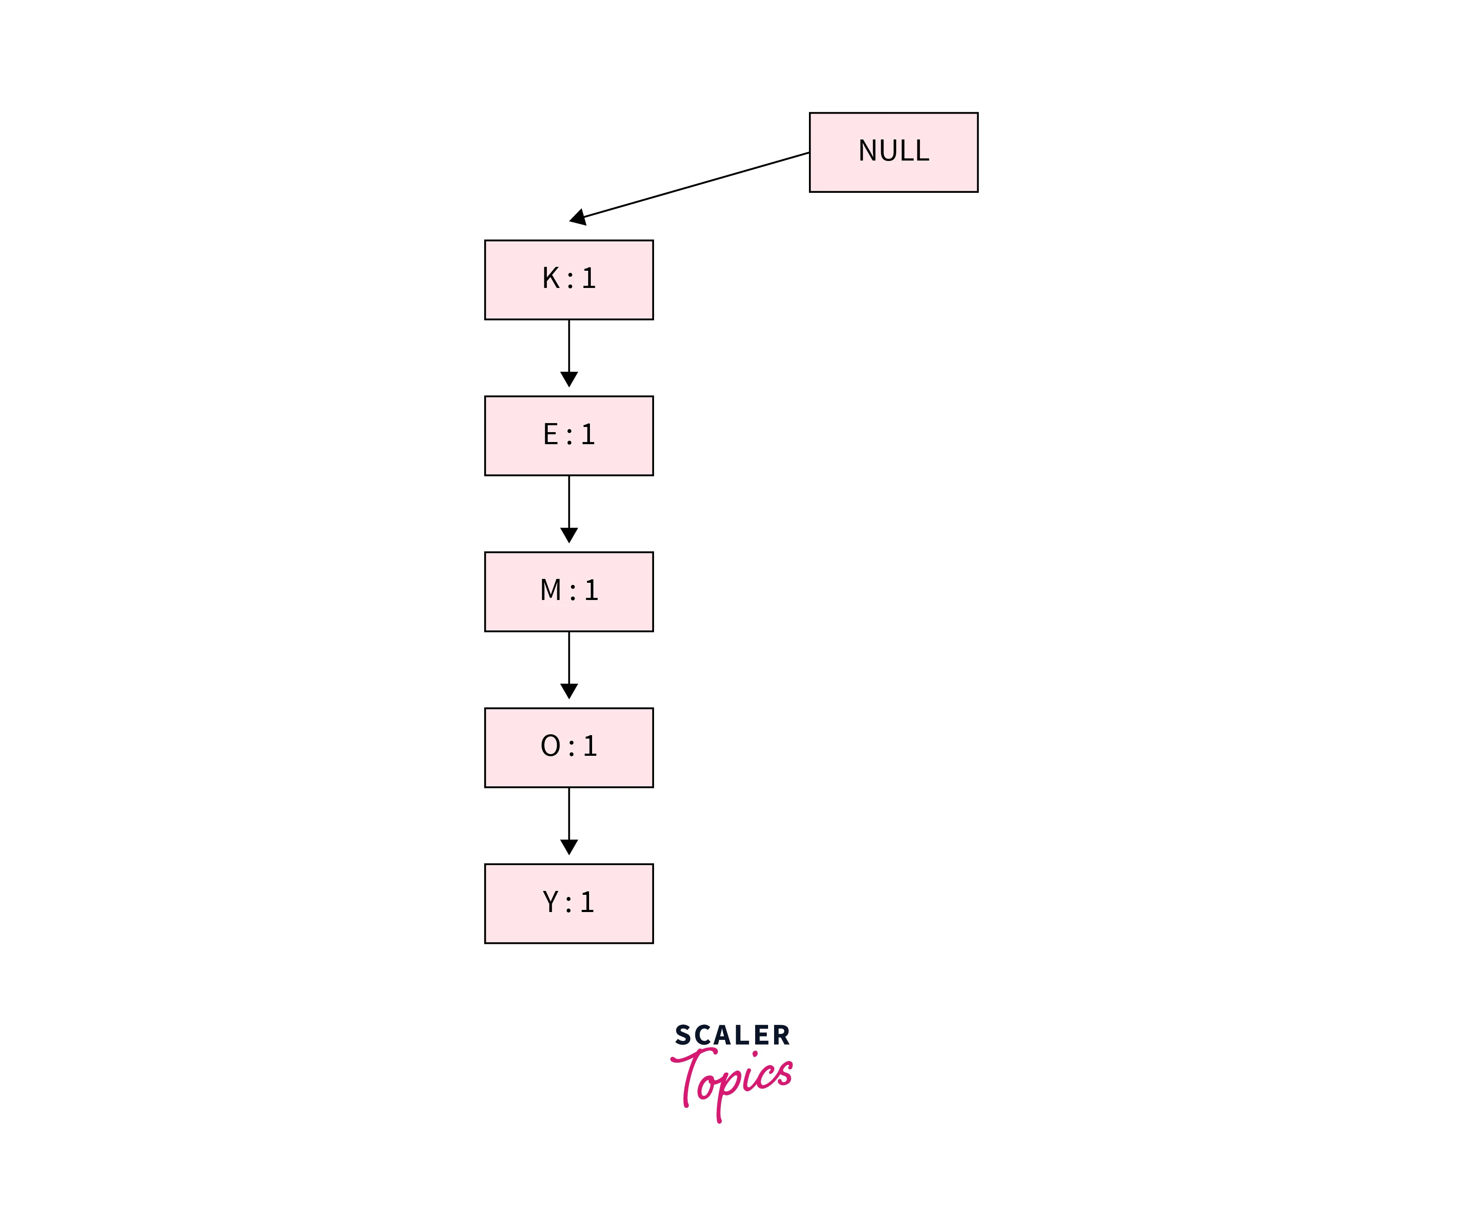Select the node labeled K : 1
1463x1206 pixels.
(x=569, y=279)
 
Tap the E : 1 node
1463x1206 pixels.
(x=569, y=436)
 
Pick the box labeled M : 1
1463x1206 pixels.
(x=569, y=591)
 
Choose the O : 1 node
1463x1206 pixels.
(x=569, y=748)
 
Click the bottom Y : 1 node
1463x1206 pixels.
(x=569, y=903)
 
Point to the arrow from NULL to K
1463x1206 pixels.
(x=694, y=186)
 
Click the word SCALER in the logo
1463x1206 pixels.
(x=732, y=1035)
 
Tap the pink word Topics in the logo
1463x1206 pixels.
(x=732, y=1077)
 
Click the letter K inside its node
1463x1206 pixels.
(x=551, y=278)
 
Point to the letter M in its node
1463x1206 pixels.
(x=550, y=591)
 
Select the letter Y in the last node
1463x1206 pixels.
(x=550, y=903)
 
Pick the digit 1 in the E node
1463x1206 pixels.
(x=588, y=435)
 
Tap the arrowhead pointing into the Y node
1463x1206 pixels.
(x=569, y=847)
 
